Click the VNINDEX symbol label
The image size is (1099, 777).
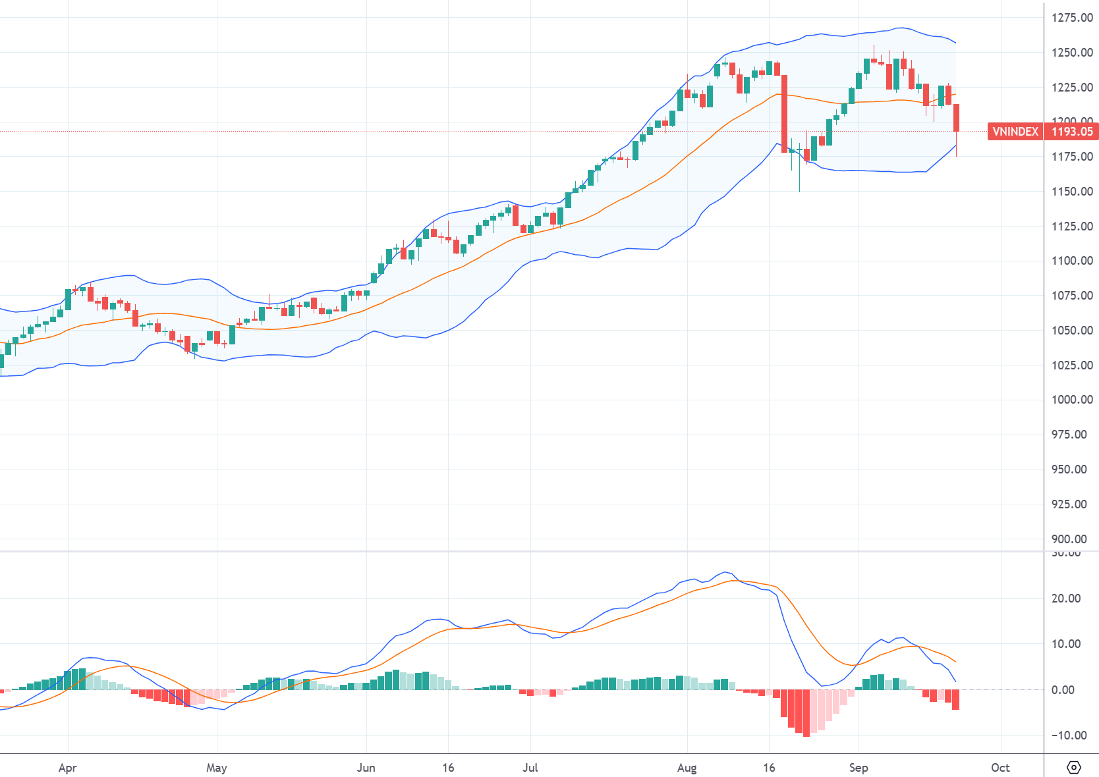[x=1015, y=132]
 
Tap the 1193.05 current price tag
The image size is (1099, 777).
[x=1072, y=132]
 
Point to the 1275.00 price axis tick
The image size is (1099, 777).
[x=1072, y=18]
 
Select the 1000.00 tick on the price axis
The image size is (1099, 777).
[x=1072, y=400]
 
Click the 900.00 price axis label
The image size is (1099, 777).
[x=1069, y=539]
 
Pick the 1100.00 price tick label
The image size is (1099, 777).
[x=1072, y=261]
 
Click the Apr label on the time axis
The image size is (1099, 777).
[x=67, y=768]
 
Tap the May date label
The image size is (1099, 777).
[x=216, y=768]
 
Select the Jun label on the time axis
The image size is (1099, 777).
[x=366, y=768]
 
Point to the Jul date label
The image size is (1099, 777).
[x=530, y=768]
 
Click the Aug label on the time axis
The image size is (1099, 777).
[x=687, y=768]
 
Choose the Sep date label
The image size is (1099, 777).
[x=858, y=768]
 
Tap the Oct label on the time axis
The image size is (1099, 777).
[x=1000, y=768]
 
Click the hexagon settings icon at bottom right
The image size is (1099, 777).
[x=1074, y=768]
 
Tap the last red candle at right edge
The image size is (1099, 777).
[x=956, y=118]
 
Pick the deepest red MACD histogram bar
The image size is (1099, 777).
[x=806, y=712]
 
